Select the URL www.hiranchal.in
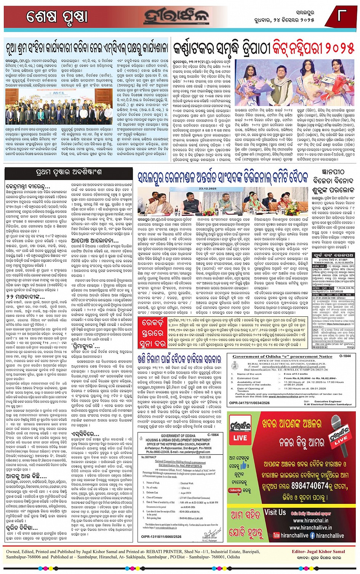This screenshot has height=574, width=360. [x=309, y=520]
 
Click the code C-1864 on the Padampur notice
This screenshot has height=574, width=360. [x=213, y=435]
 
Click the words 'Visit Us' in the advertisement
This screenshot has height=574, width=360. [x=275, y=513]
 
